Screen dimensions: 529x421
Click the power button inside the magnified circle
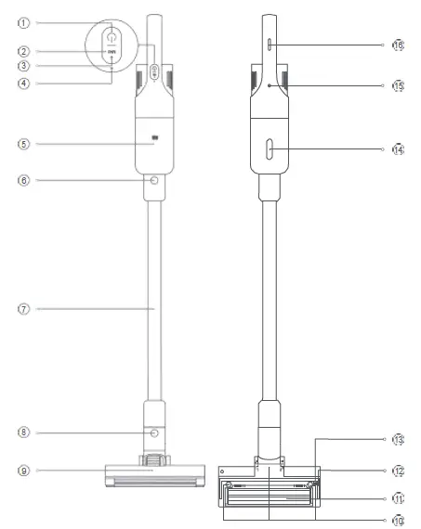coord(111,36)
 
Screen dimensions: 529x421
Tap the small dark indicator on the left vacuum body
coord(154,140)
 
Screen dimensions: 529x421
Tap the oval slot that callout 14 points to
coord(268,148)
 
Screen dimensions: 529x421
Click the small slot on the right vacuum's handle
coord(268,44)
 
